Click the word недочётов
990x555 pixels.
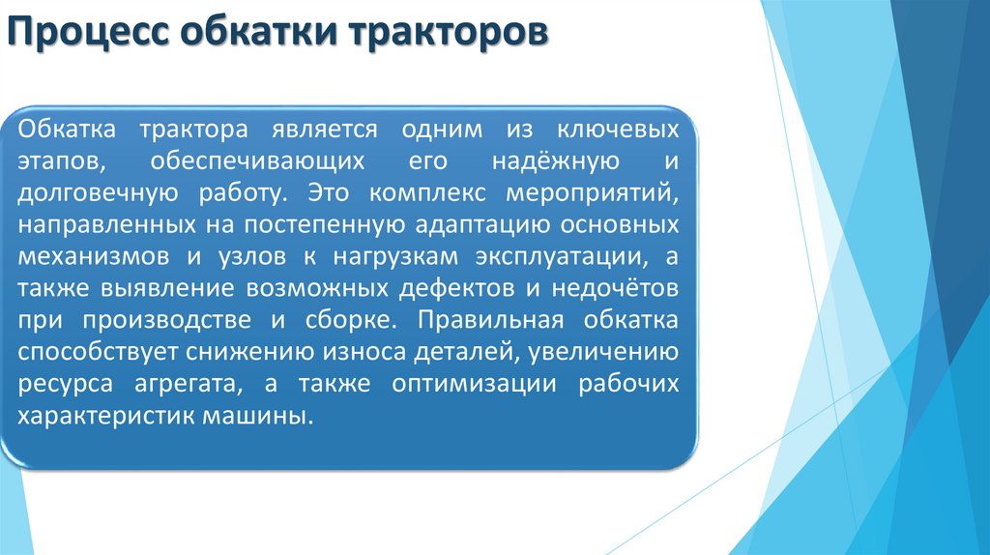(x=619, y=288)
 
